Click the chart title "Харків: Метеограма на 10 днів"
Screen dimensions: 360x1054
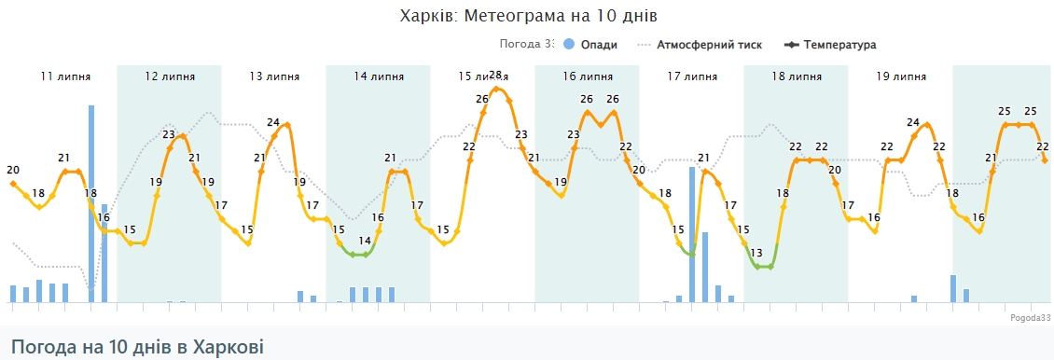[529, 16]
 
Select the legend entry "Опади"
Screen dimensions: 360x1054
[597, 45]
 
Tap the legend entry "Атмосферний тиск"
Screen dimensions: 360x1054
[709, 45]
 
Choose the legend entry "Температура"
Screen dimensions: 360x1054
[839, 45]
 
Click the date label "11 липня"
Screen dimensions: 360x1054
[65, 76]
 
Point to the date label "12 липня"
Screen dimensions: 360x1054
[169, 76]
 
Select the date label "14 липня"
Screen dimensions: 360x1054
[378, 76]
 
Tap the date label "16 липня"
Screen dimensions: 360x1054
[587, 76]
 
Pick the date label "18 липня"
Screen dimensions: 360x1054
[796, 76]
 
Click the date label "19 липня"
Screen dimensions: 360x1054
[901, 76]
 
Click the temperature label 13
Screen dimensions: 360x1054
[756, 253]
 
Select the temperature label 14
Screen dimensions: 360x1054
[365, 241]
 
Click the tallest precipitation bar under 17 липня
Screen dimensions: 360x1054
[692, 233]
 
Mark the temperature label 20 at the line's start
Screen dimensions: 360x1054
[13, 170]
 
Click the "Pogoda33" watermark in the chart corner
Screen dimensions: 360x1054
[1030, 318]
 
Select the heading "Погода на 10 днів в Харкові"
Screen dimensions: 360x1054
[137, 347]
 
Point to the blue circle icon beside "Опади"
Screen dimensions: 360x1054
[568, 45]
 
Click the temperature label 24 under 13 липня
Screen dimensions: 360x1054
[273, 121]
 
